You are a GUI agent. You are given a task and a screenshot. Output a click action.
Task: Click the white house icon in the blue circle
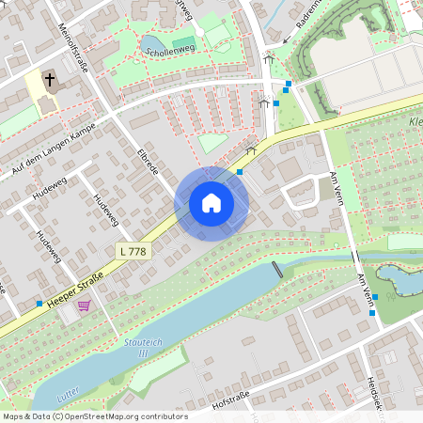point(211,202)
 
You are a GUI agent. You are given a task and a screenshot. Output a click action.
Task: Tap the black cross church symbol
point(50,82)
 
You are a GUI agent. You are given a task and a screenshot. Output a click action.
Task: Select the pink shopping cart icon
point(84,305)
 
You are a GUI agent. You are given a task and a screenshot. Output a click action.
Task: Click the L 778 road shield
point(133,251)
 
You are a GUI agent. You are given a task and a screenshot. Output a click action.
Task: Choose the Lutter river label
point(69,399)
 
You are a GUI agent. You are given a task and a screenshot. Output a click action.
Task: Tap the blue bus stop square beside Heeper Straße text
point(39,304)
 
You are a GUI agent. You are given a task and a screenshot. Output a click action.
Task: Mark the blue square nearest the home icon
point(241,172)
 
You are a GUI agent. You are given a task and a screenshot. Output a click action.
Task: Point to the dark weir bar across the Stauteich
point(277,269)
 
